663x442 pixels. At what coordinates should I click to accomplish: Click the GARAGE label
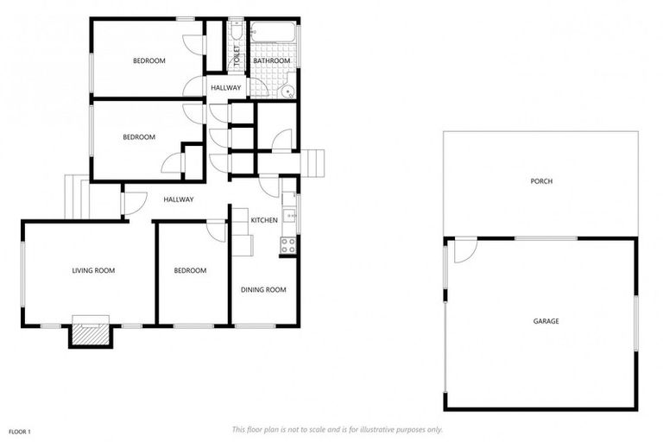pos(546,321)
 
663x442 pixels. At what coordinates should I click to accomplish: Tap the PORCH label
pos(541,181)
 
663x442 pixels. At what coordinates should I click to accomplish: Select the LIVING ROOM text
pos(93,270)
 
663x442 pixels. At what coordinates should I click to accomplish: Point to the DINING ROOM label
pos(263,290)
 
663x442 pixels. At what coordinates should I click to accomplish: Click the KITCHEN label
pos(264,220)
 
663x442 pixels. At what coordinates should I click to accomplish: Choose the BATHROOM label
pos(272,60)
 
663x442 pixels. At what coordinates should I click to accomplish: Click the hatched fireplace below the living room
pos(91,332)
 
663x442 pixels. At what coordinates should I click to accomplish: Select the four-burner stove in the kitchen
pos(288,244)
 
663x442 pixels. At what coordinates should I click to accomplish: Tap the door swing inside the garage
pos(465,249)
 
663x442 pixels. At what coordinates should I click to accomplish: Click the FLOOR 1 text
pos(20,430)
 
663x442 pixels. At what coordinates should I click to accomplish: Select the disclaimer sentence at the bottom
pos(338,429)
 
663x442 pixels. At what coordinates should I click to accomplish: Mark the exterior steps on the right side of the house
pos(314,162)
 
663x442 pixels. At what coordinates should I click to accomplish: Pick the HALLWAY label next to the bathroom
pos(226,88)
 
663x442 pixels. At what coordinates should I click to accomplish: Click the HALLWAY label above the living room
pos(179,199)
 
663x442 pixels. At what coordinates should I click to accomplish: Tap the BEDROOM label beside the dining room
pos(190,270)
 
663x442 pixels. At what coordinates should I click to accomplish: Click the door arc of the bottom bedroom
pos(216,230)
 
